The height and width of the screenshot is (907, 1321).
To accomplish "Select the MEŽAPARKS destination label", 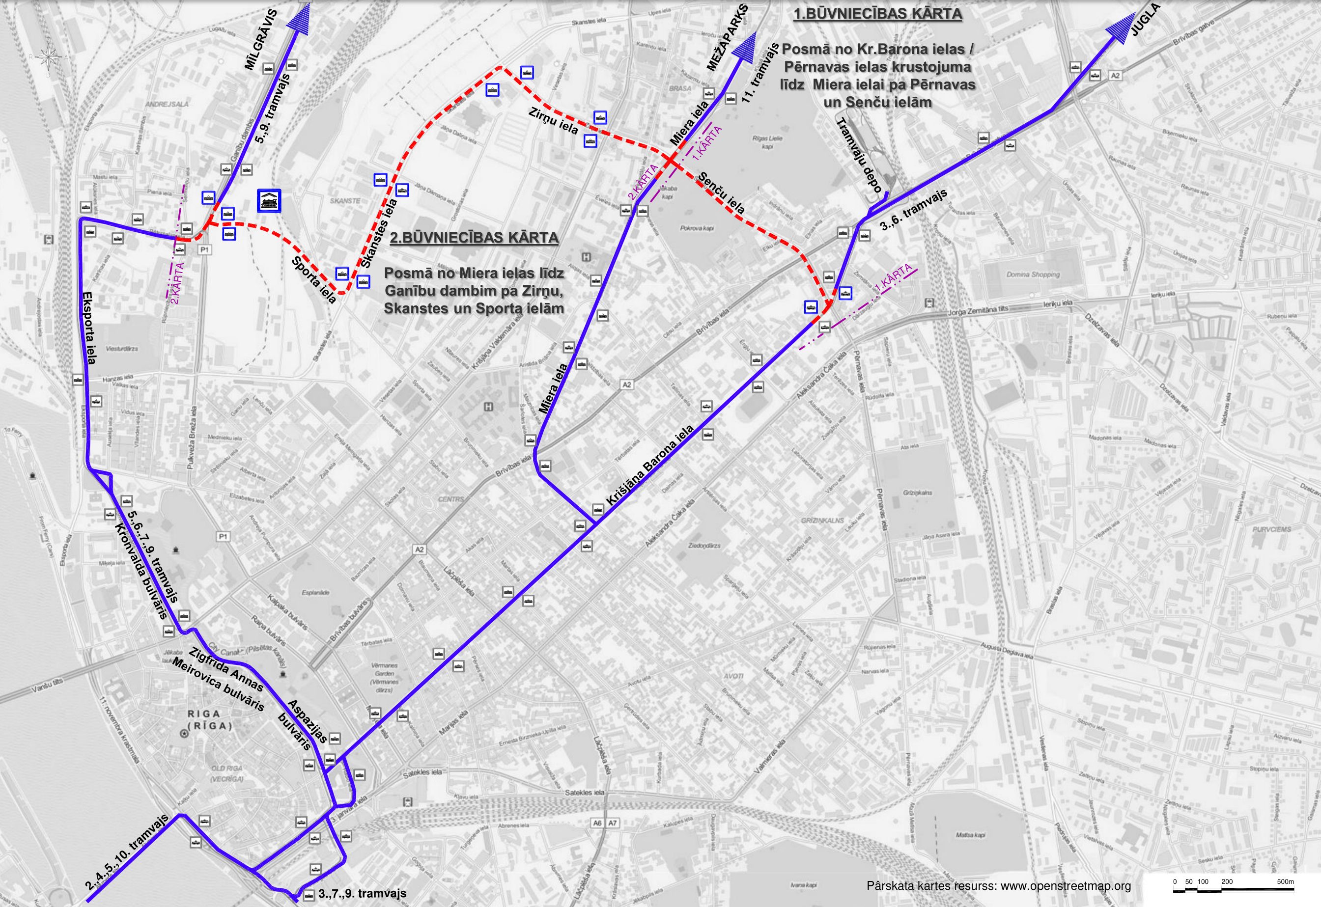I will coord(728,37).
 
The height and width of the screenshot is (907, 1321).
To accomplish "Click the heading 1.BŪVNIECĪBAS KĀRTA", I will coord(877,14).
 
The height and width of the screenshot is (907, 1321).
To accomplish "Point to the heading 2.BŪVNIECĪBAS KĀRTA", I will coord(474,238).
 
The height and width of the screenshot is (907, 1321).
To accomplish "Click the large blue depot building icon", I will coord(269,200).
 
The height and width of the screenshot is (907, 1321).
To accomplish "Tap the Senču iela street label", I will coord(720,192).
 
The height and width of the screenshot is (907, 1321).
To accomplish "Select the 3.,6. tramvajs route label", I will coord(914,210).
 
